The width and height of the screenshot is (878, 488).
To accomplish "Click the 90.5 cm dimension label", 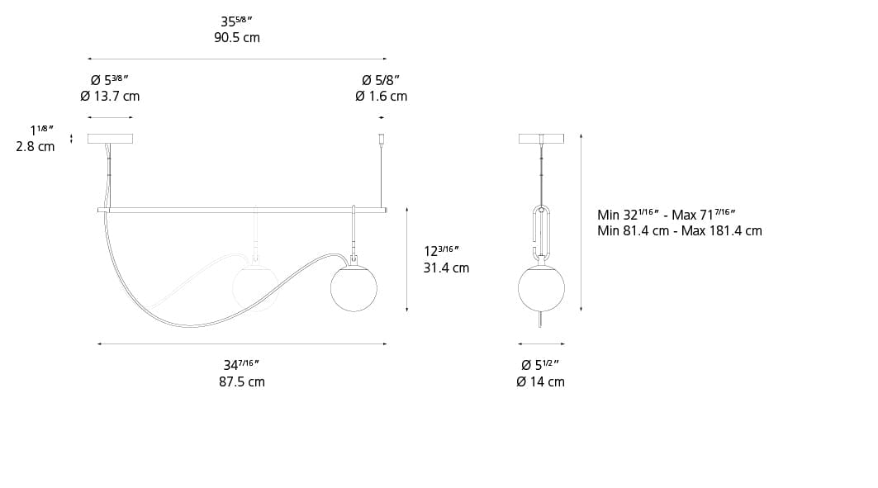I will (237, 38).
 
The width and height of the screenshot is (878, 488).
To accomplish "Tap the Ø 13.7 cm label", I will (110, 96).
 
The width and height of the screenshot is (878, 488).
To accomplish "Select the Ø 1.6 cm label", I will (381, 96).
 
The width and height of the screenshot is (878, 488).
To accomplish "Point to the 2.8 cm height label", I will (36, 146).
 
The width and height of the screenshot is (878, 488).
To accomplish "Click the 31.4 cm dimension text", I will (446, 268).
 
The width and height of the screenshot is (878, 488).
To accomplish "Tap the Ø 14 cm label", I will (540, 381).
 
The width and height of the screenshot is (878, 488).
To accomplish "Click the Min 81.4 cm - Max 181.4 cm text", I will (679, 231).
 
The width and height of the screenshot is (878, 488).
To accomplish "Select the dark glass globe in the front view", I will (354, 288).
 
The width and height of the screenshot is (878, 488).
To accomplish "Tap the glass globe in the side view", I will (541, 288).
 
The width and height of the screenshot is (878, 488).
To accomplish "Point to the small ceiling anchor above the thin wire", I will (381, 139).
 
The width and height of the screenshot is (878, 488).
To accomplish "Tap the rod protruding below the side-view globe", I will (541, 320).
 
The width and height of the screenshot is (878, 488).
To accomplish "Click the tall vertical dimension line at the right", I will (581, 223).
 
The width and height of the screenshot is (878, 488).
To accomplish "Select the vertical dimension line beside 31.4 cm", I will (407, 260).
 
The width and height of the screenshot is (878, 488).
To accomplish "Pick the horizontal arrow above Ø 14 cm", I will (541, 343).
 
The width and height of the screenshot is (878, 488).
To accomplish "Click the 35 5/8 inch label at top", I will (237, 21).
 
